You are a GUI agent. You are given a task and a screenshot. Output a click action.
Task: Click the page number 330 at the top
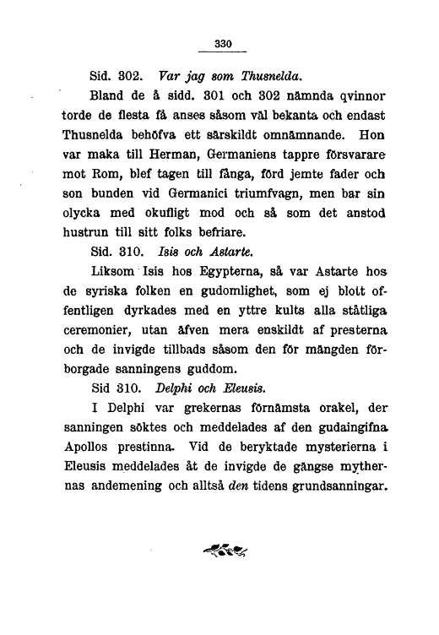tap(223, 43)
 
